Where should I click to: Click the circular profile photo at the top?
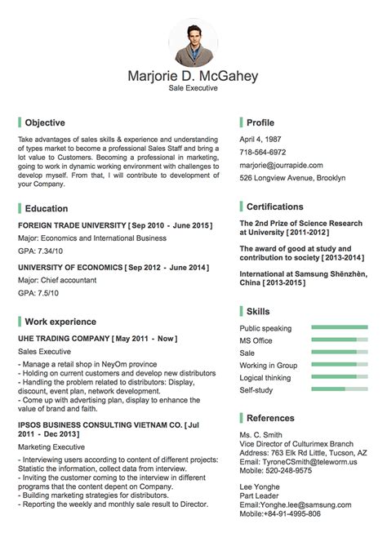(193, 44)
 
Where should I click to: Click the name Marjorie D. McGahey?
(193, 76)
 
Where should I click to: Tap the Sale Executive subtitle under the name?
(193, 88)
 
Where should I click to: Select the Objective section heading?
(45, 122)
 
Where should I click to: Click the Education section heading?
(47, 208)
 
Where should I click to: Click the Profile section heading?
(260, 122)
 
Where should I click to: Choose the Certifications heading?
(274, 207)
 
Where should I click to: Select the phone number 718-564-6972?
(263, 152)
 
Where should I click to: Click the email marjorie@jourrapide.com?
(281, 165)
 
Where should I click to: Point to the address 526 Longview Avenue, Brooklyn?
(292, 178)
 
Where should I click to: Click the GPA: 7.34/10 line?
(40, 251)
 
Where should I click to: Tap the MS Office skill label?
(256, 340)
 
